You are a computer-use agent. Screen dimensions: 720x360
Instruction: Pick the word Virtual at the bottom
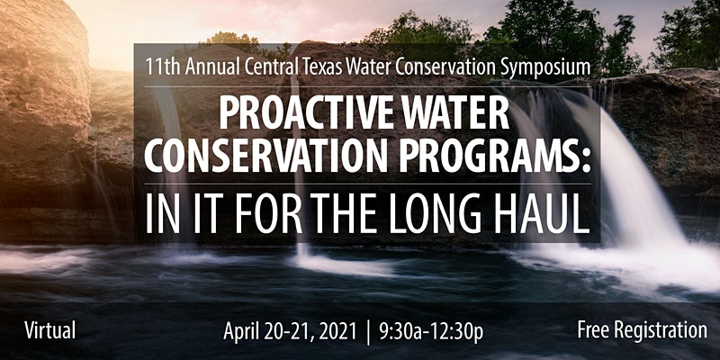pos(50,330)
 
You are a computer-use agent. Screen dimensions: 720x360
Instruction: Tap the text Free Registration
pos(643,330)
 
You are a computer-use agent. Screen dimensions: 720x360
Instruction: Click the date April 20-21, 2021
pos(290,331)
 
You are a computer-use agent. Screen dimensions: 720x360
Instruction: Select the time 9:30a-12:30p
pos(431,331)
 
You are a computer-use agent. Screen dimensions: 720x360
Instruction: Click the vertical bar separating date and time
pos(368,332)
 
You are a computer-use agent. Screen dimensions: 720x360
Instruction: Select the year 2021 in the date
pos(337,330)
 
